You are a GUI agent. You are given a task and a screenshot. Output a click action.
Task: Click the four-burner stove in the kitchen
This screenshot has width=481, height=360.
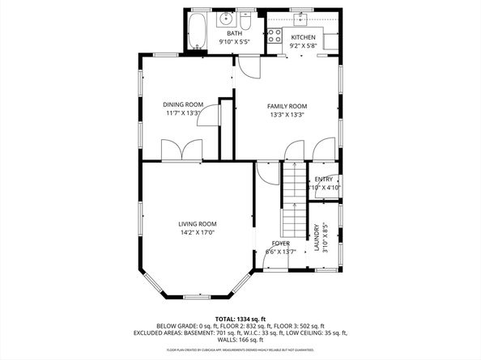click(x=275, y=36)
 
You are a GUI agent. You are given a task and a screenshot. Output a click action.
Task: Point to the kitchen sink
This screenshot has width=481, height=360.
click(x=304, y=18)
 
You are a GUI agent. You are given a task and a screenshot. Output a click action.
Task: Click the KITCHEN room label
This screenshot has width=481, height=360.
click(x=303, y=37)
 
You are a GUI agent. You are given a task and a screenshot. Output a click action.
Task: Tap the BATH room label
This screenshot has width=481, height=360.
click(x=223, y=33)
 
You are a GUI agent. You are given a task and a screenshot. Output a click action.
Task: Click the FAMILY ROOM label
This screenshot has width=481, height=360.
click(x=287, y=106)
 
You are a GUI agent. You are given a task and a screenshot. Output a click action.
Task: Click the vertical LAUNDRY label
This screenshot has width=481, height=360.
click(x=317, y=239)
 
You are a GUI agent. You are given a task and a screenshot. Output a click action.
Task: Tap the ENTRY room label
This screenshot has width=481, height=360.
click(x=323, y=179)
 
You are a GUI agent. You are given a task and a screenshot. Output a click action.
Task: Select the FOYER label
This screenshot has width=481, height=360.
click(x=280, y=243)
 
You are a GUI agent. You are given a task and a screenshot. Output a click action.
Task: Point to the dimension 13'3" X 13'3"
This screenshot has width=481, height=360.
click(x=287, y=115)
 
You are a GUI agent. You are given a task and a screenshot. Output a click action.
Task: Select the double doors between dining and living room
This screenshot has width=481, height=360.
click(x=181, y=151)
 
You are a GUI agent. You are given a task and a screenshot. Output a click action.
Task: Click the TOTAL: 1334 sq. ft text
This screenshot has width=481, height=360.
click(x=240, y=319)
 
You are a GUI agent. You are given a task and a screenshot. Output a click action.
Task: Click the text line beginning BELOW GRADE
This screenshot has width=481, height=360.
click(x=240, y=326)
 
